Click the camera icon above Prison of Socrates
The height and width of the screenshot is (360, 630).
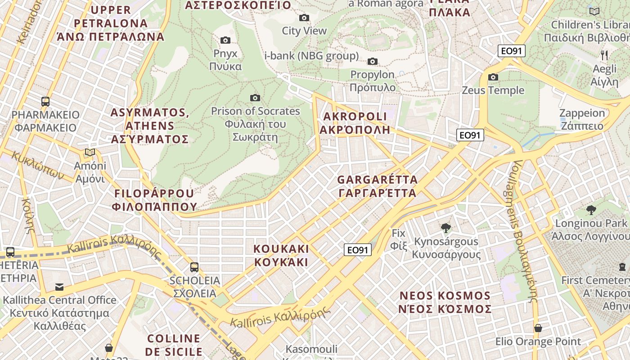point(255,98)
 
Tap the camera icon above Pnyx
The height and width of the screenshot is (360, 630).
point(225,40)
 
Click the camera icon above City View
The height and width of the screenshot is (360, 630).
point(304,18)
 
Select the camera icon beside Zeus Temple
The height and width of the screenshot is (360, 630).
point(493,77)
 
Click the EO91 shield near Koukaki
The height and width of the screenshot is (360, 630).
point(358,250)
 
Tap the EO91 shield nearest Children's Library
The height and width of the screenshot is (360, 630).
point(512,51)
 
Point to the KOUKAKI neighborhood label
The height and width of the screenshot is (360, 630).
point(281,256)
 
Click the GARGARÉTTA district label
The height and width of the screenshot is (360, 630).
point(377,186)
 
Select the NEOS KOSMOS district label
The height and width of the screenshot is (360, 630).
point(445,302)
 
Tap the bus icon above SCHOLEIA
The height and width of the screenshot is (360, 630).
point(194,267)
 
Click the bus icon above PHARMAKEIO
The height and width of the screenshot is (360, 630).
point(45,101)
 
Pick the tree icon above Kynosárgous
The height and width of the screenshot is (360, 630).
point(446,228)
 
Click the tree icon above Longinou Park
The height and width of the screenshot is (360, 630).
point(591,210)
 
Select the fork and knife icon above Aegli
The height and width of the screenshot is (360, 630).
point(604,55)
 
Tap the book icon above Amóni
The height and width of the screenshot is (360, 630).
point(90,153)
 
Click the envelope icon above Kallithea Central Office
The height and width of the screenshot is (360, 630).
point(59,287)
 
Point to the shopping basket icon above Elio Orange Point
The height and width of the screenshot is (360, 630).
point(538,328)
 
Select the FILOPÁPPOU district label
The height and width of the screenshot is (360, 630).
point(155,200)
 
